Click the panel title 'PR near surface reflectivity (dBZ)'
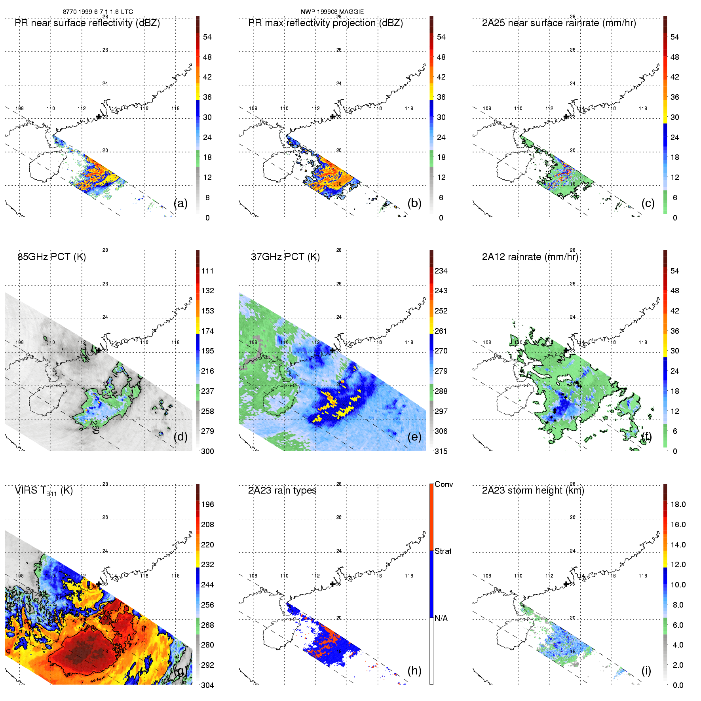pyautogui.click(x=87, y=23)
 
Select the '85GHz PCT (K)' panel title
pyautogui.click(x=51, y=257)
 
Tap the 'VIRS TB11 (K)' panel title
pyautogui.click(x=44, y=491)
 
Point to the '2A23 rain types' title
pyautogui.click(x=282, y=490)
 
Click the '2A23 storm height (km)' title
pyautogui.click(x=533, y=490)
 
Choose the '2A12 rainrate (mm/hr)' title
pyautogui.click(x=530, y=257)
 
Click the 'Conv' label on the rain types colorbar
pyautogui.click(x=444, y=484)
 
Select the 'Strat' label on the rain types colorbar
pyautogui.click(x=443, y=551)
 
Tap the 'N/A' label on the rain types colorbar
pyautogui.click(x=441, y=618)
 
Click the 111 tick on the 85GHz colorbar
pyautogui.click(x=207, y=271)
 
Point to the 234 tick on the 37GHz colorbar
pyautogui.click(x=441, y=271)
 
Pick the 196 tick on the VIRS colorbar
pyautogui.click(x=207, y=504)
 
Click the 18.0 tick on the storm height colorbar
pyautogui.click(x=678, y=504)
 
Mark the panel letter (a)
pyautogui.click(x=180, y=203)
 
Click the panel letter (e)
pyautogui.click(x=414, y=437)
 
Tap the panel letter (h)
pyautogui.click(x=414, y=670)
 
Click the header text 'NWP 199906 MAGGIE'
pyautogui.click(x=332, y=12)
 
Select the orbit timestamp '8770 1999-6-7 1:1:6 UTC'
pyautogui.click(x=98, y=12)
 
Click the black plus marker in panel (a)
pyautogui.click(x=99, y=117)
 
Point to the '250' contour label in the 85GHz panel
pyautogui.click(x=95, y=427)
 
